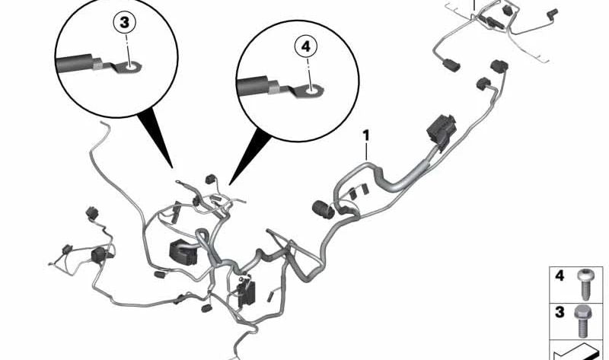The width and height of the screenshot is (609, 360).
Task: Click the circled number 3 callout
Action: pyautogui.click(x=124, y=23)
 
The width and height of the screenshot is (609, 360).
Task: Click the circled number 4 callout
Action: pyautogui.click(x=306, y=47)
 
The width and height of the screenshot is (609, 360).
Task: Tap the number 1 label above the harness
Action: pyautogui.click(x=366, y=136)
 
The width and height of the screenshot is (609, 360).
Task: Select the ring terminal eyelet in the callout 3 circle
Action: pyautogui.click(x=130, y=68)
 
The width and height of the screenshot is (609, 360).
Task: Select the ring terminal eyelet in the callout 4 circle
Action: pyautogui.click(x=311, y=91)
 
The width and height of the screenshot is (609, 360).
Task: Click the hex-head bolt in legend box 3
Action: pyautogui.click(x=581, y=321)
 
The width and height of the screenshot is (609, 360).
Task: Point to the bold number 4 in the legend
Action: pyautogui.click(x=560, y=276)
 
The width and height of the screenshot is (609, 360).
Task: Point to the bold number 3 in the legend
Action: pyautogui.click(x=560, y=312)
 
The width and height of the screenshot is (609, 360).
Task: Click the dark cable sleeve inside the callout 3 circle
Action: pyautogui.click(x=75, y=64)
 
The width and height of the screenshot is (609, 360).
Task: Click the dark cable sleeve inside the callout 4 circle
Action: pyautogui.click(x=253, y=86)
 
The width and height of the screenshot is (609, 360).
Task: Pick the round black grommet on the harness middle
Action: pyautogui.click(x=323, y=209)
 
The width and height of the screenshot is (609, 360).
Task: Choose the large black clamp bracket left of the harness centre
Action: pyautogui.click(x=183, y=253)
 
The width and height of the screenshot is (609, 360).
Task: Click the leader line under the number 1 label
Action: pyautogui.click(x=366, y=152)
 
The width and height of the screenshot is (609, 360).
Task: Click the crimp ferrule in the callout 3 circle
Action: pyautogui.click(x=98, y=64)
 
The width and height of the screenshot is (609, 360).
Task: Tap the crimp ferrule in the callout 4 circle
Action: pyautogui.click(x=273, y=87)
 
